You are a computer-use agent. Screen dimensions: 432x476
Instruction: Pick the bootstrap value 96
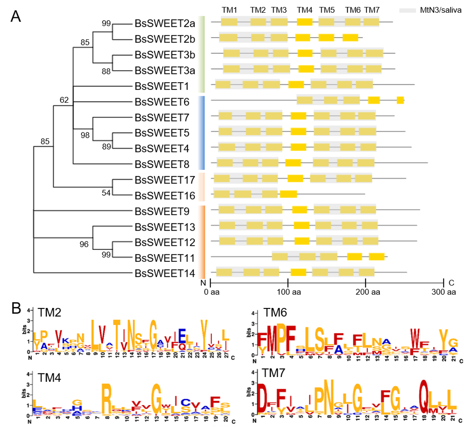[x=84, y=245]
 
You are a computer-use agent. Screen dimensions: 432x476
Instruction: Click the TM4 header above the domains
[x=305, y=10]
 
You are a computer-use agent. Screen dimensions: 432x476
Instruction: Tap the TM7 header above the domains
[x=372, y=10]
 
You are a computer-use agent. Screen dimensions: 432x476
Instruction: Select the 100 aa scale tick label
[x=288, y=292]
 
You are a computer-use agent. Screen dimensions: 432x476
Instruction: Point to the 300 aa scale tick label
[x=443, y=292]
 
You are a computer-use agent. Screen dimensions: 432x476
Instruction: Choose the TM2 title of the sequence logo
[x=50, y=313]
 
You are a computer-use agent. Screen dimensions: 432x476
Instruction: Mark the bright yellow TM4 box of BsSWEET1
[x=296, y=84]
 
